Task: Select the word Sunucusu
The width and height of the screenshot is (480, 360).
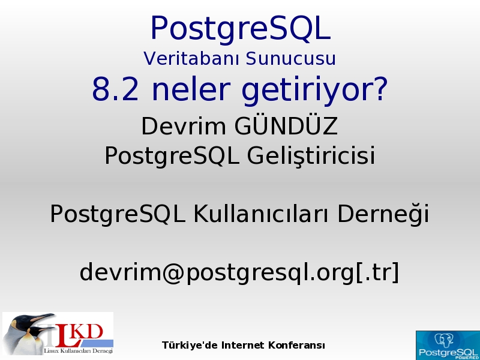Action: pyautogui.click(x=291, y=58)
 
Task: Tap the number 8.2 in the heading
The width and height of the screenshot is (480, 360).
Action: pyautogui.click(x=115, y=89)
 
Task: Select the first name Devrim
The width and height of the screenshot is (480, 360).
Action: pyautogui.click(x=184, y=126)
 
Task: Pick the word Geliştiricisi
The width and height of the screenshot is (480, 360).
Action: pyautogui.click(x=311, y=155)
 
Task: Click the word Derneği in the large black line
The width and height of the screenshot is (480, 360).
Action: pyautogui.click(x=383, y=214)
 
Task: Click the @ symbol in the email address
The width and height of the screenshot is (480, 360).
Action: pyautogui.click(x=173, y=272)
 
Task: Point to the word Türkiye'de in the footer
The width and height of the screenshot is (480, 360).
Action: pyautogui.click(x=190, y=346)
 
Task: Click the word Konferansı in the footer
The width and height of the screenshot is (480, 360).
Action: pyautogui.click(x=296, y=346)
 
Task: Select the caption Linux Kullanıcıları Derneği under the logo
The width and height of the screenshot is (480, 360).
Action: pyautogui.click(x=79, y=351)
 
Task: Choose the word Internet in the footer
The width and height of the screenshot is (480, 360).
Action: pyautogui.click(x=243, y=346)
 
